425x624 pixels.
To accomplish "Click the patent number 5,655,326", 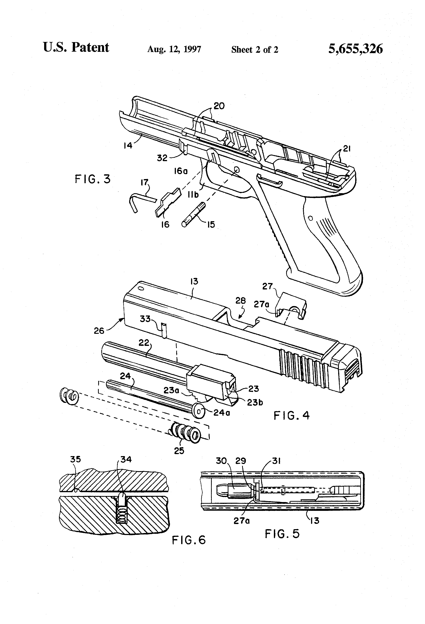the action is [355, 49].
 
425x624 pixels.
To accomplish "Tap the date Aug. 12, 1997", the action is [174, 49].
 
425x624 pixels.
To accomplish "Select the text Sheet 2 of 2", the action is [255, 49].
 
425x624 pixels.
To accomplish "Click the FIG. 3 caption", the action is [93, 179].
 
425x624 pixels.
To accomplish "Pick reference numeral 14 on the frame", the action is [128, 146].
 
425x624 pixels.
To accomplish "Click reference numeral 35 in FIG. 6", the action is [75, 459].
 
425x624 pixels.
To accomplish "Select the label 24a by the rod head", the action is [222, 412].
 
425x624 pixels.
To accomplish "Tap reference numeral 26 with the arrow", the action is [99, 330].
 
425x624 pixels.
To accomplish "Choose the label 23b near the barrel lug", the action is [255, 402].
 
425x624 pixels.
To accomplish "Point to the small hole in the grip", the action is [310, 219].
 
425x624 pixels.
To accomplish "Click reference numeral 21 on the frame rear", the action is [347, 148].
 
